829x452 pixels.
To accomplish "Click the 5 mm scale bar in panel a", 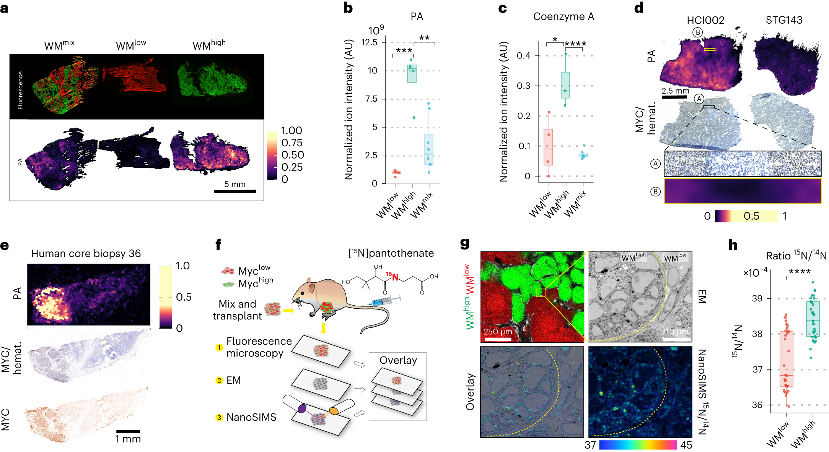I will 235,191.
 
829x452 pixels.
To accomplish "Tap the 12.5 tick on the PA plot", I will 370,42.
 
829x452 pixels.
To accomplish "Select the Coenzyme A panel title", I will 563,17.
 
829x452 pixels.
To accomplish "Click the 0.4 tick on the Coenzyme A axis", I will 523,56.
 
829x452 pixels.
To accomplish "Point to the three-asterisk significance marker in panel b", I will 404,50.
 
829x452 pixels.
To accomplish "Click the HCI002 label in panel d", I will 705,20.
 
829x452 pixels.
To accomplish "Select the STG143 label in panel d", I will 784,20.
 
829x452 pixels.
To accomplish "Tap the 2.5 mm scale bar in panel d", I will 674,97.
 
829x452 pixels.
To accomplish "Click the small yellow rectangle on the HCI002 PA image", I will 709,49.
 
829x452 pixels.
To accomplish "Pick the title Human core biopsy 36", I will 86,254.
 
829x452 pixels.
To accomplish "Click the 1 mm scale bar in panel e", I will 128,431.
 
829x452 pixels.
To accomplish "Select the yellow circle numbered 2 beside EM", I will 219,381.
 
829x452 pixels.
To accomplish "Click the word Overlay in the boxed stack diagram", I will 398,360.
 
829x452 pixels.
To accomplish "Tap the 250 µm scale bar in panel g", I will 497,339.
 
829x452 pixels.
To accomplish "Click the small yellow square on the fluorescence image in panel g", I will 540,293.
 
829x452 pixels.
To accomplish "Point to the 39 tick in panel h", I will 757,298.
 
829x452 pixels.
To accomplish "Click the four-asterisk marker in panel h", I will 800,272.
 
